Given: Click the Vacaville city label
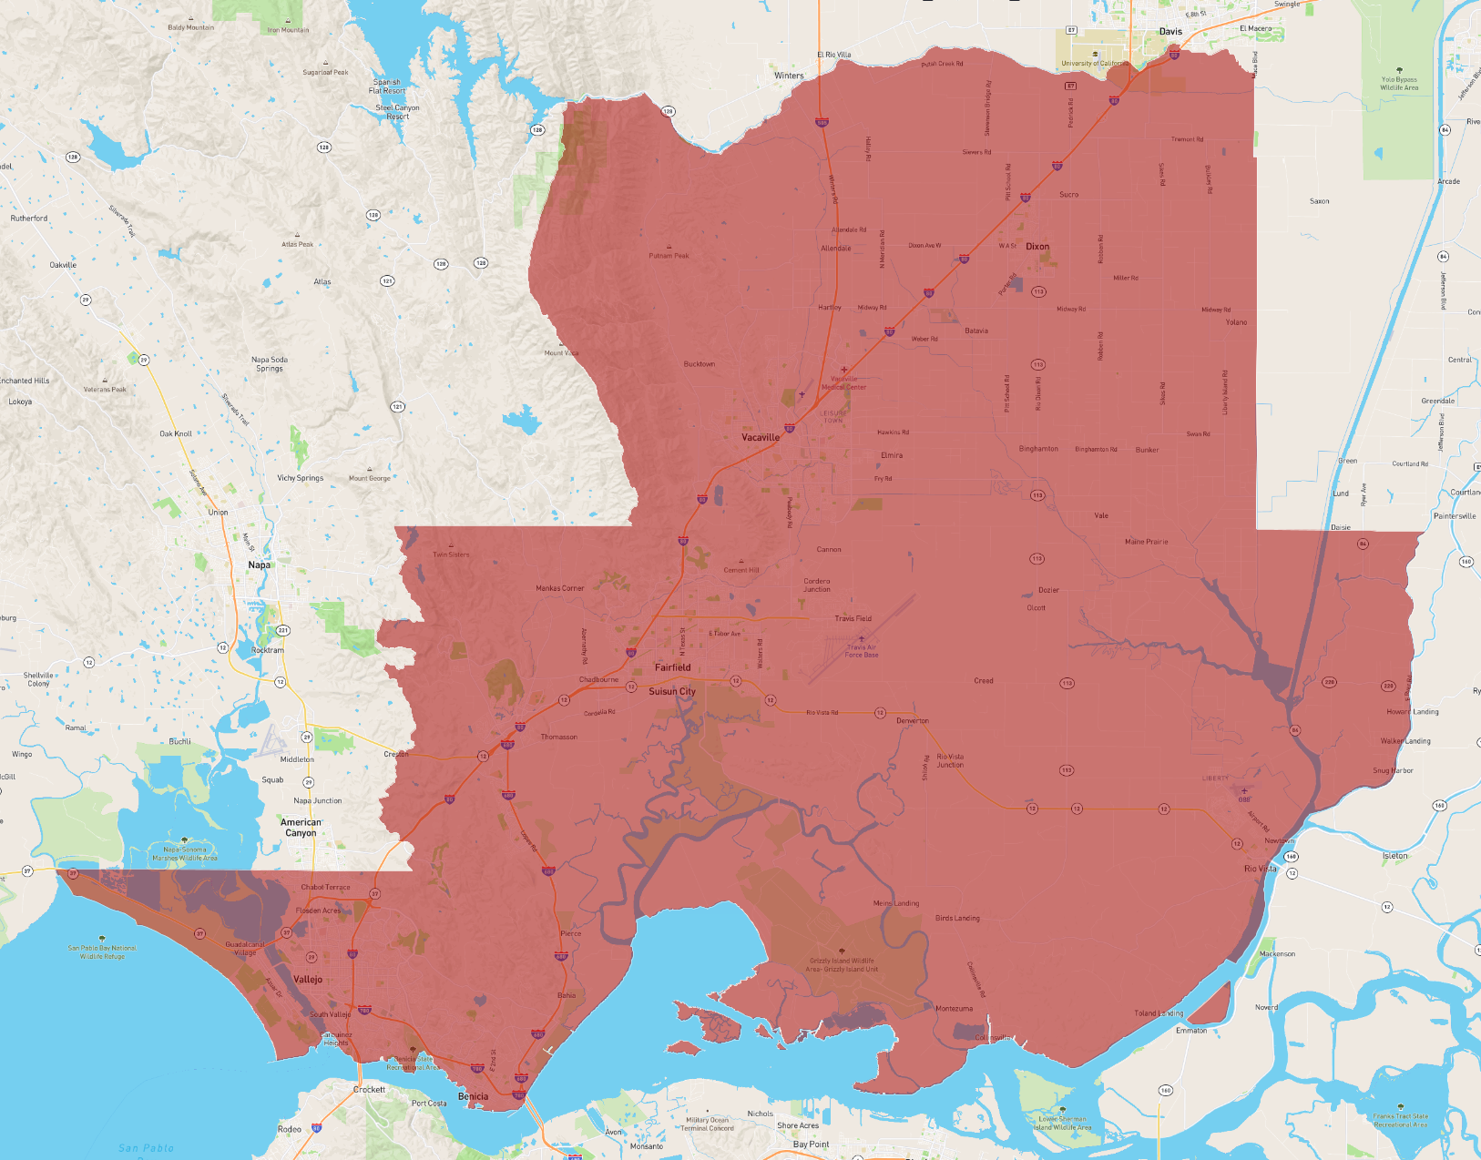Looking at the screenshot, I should pyautogui.click(x=760, y=437).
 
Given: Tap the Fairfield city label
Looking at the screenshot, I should pyautogui.click(x=672, y=667).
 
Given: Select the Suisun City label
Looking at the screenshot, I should pyautogui.click(x=671, y=691).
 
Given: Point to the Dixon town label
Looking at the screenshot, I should pyautogui.click(x=1037, y=247).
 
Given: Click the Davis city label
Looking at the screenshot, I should pyautogui.click(x=1170, y=31).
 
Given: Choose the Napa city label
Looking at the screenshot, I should pyautogui.click(x=259, y=565).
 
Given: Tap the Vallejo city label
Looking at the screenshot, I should pyautogui.click(x=308, y=979).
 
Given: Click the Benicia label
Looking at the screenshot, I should pyautogui.click(x=473, y=1096).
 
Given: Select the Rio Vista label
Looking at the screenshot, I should pyautogui.click(x=1260, y=869).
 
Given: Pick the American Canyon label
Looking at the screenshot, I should pyautogui.click(x=301, y=828).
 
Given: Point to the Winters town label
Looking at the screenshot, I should pyautogui.click(x=789, y=76).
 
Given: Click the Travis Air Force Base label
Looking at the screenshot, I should pyautogui.click(x=861, y=651).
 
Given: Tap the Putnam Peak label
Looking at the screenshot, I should pyautogui.click(x=669, y=256).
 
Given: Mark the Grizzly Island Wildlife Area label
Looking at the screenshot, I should pyautogui.click(x=842, y=964).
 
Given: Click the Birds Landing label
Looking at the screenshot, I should pyautogui.click(x=957, y=918).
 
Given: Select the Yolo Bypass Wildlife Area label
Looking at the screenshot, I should pyautogui.click(x=1398, y=84).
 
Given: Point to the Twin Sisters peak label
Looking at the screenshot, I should pyautogui.click(x=451, y=555).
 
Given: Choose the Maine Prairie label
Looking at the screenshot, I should pyautogui.click(x=1146, y=542).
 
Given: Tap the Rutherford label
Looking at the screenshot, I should pyautogui.click(x=29, y=219).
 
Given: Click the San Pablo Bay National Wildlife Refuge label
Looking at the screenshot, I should pyautogui.click(x=102, y=952).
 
